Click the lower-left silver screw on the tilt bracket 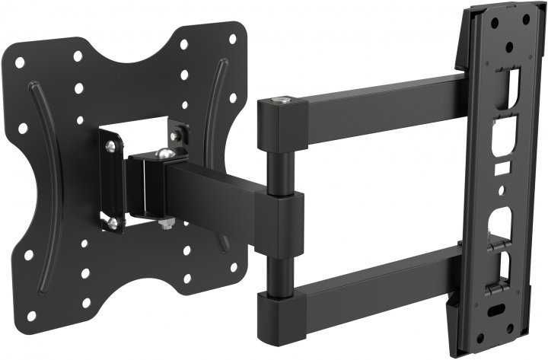pos(112,221)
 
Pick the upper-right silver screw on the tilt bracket pos(176,136)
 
